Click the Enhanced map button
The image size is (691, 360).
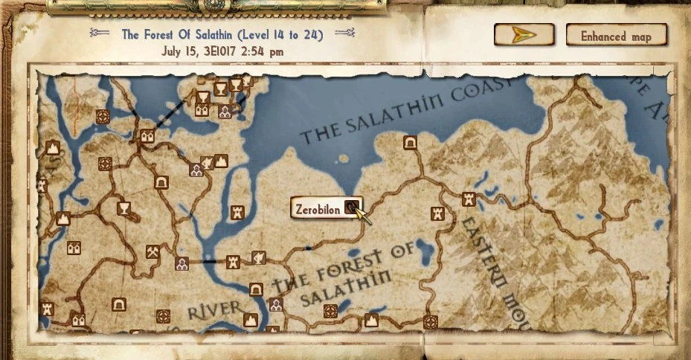[x=616, y=35]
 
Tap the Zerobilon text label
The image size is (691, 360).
[x=318, y=209]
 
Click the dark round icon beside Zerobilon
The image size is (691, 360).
[x=351, y=208]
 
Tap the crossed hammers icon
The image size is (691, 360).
[x=152, y=251]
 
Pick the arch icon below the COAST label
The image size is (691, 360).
[x=408, y=142]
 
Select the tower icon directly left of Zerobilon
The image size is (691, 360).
[x=237, y=212]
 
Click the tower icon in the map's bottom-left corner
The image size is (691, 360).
[x=48, y=308]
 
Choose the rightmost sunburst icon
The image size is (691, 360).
[x=430, y=322]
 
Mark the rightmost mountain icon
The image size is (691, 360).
[x=370, y=321]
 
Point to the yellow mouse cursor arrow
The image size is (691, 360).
[x=362, y=216]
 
